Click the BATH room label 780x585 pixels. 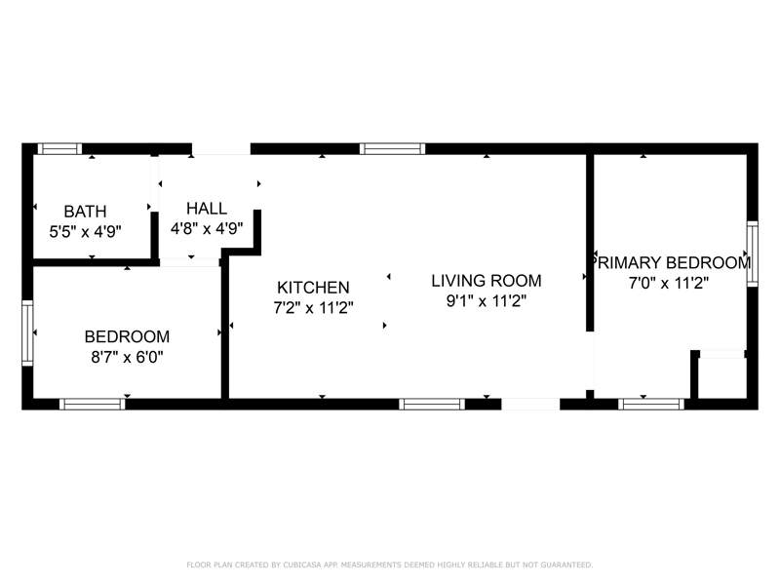pyautogui.click(x=85, y=212)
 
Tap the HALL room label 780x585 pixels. pyautogui.click(x=207, y=208)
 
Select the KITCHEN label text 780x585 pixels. pyautogui.click(x=313, y=288)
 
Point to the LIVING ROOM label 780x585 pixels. pyautogui.click(x=486, y=281)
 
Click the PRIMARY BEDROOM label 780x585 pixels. pyautogui.click(x=670, y=262)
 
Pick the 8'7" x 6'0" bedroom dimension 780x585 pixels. pyautogui.click(x=127, y=357)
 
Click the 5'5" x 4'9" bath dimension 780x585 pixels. pyautogui.click(x=85, y=232)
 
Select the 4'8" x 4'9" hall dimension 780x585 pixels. pyautogui.click(x=207, y=228)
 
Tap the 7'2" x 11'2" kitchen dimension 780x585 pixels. pyautogui.click(x=313, y=308)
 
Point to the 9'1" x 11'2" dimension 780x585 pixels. pyautogui.click(x=486, y=301)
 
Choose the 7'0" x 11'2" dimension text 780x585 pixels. pyautogui.click(x=669, y=283)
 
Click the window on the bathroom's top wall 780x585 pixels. pyautogui.click(x=59, y=149)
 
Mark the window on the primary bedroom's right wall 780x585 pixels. pyautogui.click(x=752, y=253)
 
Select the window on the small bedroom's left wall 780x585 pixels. pyautogui.click(x=27, y=332)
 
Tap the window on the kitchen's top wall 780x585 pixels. pyautogui.click(x=393, y=149)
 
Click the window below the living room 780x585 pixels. pyautogui.click(x=432, y=404)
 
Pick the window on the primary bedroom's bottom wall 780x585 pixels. pyautogui.click(x=651, y=404)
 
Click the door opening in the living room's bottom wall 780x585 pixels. pyautogui.click(x=530, y=404)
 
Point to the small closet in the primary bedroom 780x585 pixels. pyautogui.click(x=721, y=377)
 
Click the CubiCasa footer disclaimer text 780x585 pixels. pyautogui.click(x=389, y=565)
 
